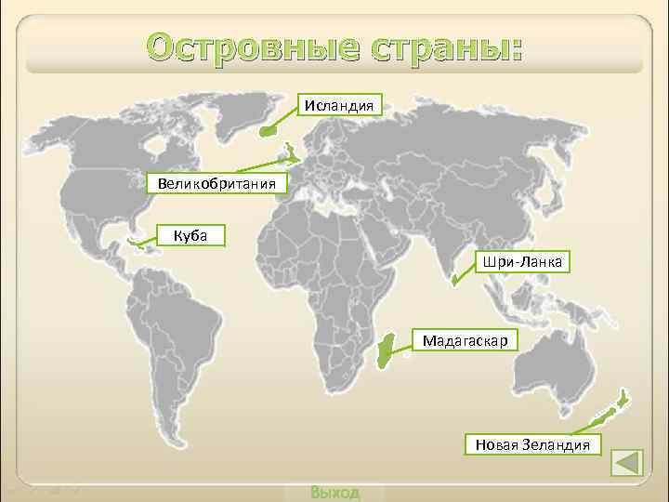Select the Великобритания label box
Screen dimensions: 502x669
coord(216,182)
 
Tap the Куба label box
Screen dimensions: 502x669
coord(190,235)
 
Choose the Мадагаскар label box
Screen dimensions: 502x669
coord(465,341)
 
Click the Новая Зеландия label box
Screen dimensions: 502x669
coord(532,444)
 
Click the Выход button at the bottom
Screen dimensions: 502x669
coord(334,492)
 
